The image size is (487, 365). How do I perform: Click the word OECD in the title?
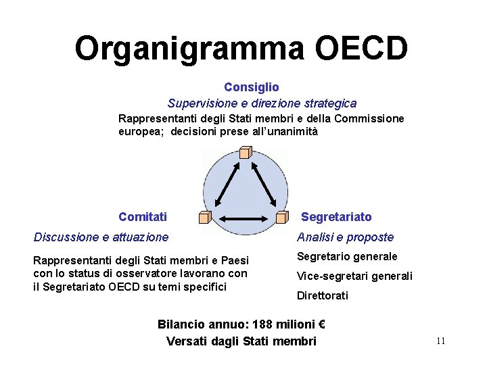[x=361, y=49]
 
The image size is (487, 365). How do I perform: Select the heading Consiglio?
[x=251, y=87]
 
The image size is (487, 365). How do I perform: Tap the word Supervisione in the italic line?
[x=199, y=103]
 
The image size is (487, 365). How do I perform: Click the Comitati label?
[x=142, y=217]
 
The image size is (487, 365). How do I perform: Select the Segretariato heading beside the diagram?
[x=336, y=217]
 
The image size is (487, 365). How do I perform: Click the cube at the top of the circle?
[x=245, y=153]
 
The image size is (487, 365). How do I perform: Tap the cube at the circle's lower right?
[x=283, y=217]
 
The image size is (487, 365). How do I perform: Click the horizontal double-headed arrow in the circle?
[x=244, y=218]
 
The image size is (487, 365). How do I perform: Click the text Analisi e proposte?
[x=345, y=237]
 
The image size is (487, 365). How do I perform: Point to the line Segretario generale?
[x=347, y=257]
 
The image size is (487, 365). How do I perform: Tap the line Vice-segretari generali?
[x=354, y=276]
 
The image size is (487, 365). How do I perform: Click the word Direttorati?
[x=323, y=295]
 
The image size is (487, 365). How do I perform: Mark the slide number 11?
[x=440, y=341]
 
